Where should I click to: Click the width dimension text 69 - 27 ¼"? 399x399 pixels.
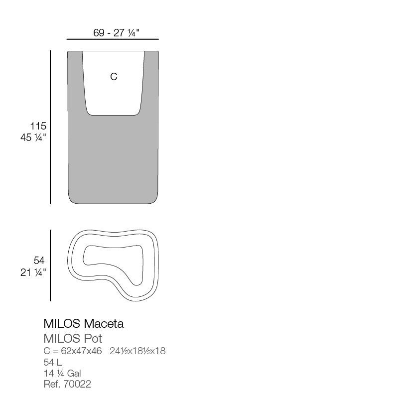(116, 33)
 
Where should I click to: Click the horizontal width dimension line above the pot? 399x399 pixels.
(113, 39)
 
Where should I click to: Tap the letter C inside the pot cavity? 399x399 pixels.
(114, 77)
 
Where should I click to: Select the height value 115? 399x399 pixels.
(38, 126)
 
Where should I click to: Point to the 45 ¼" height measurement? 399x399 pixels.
(33, 137)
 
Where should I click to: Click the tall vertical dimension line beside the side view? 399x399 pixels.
(50, 127)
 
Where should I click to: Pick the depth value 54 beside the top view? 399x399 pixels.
(39, 261)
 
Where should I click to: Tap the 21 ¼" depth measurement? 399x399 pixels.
(33, 272)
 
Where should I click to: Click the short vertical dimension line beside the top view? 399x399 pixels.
(50, 266)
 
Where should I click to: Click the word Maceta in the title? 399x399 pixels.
(104, 324)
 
